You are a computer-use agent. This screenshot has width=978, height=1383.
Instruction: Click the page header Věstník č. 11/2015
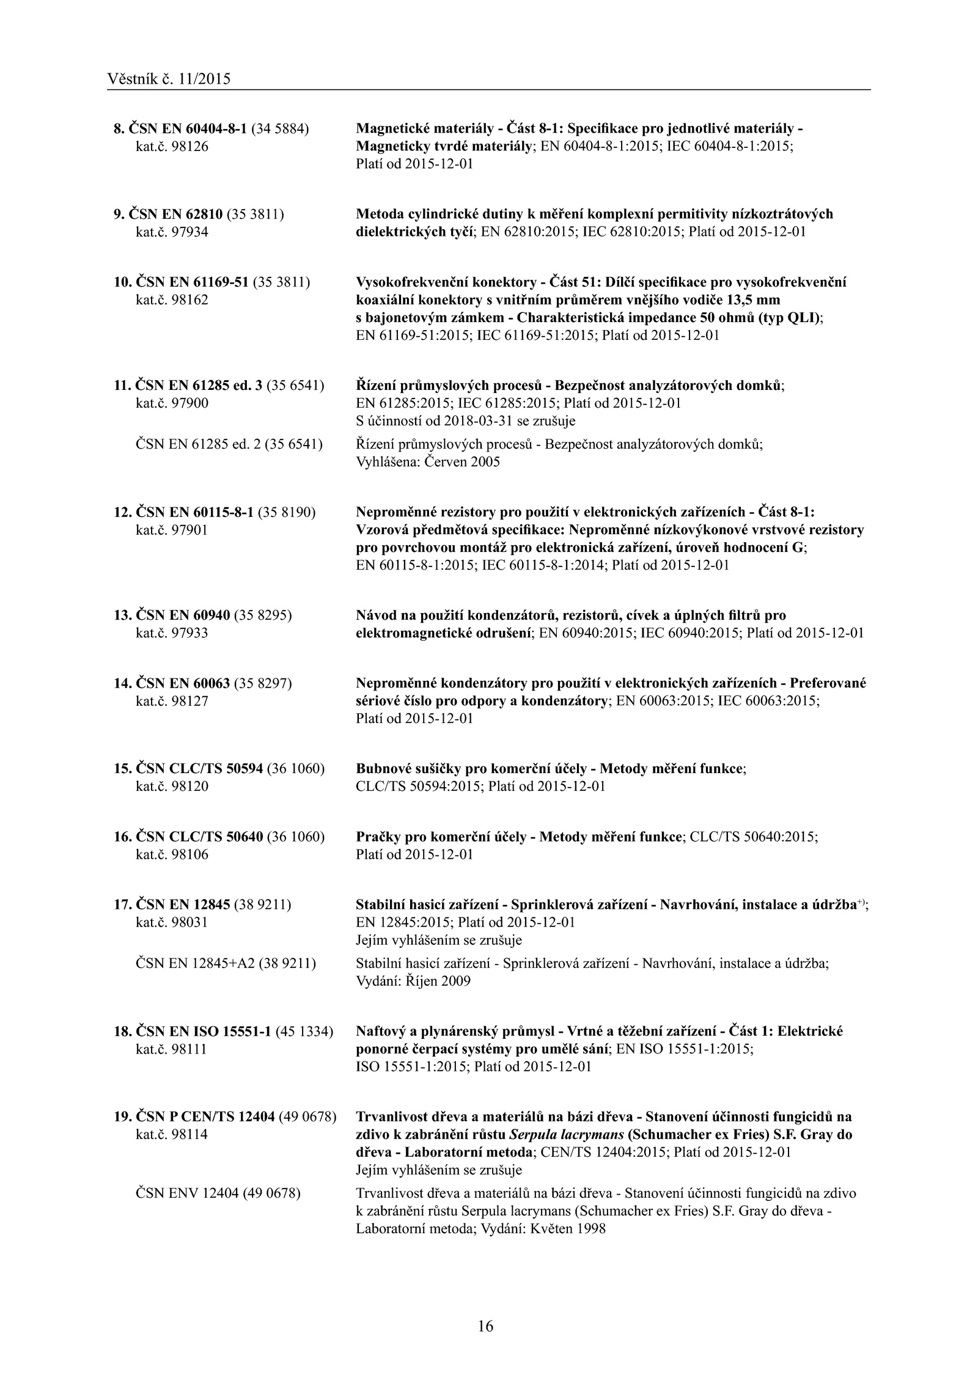coord(169,79)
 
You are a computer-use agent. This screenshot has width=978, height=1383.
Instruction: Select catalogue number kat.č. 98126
coord(171,147)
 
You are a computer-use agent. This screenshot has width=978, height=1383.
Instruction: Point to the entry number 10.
coord(122,282)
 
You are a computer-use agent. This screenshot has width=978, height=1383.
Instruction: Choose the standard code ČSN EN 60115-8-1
coord(194,512)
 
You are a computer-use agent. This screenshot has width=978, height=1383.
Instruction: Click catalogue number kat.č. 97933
coord(171,633)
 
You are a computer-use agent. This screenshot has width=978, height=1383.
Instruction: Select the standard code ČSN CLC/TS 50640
coord(199,837)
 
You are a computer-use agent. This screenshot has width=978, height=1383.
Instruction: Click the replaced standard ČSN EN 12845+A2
coord(194,964)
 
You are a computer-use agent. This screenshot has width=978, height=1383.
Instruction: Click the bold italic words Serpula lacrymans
coord(567,1135)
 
